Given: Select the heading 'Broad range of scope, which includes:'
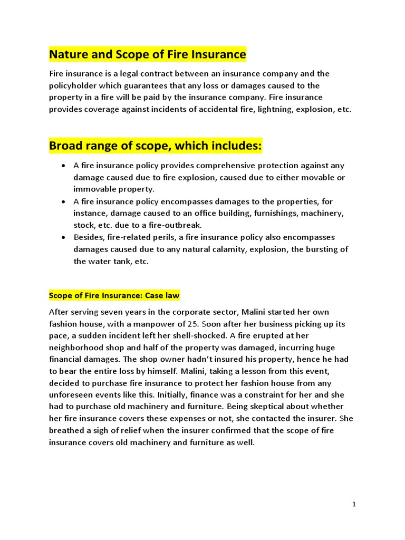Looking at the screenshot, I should pos(155,146).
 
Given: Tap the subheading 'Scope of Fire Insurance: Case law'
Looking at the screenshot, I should pos(114,295).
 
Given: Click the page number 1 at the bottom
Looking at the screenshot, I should pos(354,505).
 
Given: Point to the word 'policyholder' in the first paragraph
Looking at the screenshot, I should pos(73,85).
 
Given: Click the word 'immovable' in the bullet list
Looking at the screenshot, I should pos(93,189).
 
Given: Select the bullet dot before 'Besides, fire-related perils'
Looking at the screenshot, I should pos(63,237).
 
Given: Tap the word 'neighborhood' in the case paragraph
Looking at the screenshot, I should pos(75,348).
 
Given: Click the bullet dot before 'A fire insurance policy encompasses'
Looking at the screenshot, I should pos(63,201).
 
